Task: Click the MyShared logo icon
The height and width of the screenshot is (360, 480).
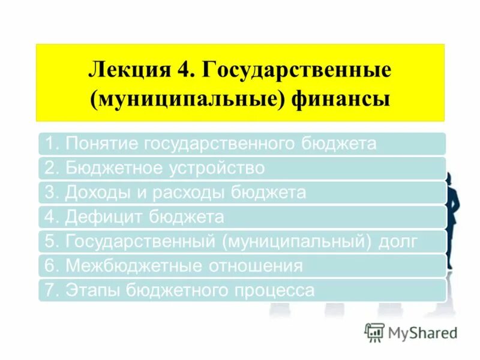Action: point(374,332)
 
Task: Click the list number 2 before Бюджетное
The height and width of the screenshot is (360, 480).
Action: point(50,169)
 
